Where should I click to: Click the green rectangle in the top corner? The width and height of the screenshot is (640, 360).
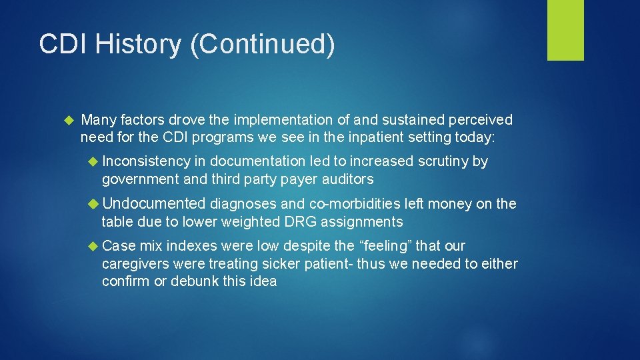click(x=565, y=30)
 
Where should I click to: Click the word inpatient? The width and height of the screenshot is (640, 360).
click(x=384, y=137)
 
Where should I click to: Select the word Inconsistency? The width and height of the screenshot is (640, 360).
click(x=147, y=162)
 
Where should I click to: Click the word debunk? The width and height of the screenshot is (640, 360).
click(x=197, y=281)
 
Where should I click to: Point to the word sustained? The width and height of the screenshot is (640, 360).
click(x=414, y=120)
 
